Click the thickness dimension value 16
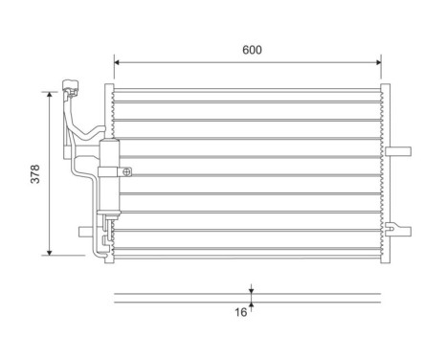(x=241, y=311)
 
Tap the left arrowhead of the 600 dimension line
(x=118, y=62)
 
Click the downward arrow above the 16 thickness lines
(x=251, y=289)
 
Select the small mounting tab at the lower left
(x=84, y=231)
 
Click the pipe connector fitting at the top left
(x=72, y=92)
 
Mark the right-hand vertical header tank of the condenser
(x=388, y=172)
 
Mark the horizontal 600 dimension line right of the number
(x=325, y=62)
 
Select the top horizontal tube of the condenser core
(x=249, y=94)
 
